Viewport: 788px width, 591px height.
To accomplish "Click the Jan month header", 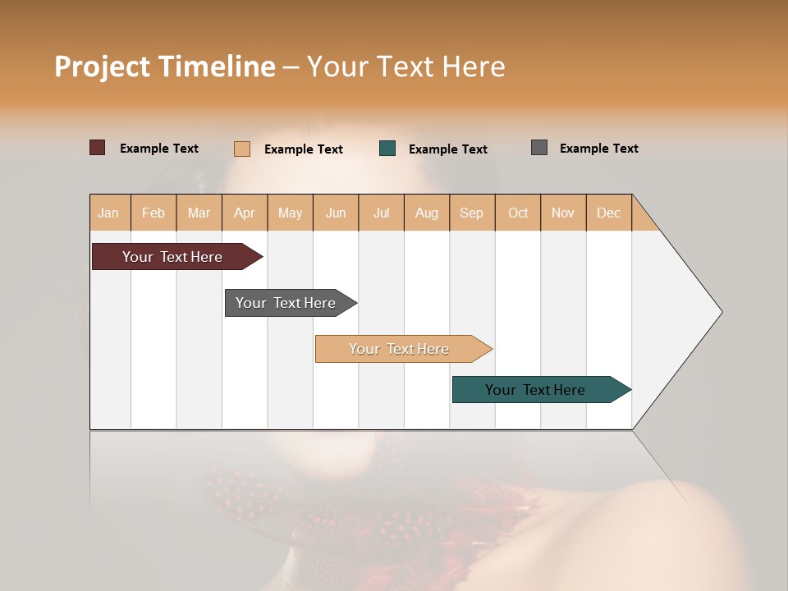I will (x=109, y=213).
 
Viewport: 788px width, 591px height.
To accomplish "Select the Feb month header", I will (x=153, y=213).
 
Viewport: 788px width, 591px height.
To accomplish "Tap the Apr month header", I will (x=245, y=213).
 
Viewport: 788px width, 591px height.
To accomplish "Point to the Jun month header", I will (x=336, y=213).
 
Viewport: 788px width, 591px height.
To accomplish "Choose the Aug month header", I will (x=427, y=213).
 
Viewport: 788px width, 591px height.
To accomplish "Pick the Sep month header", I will (x=472, y=213).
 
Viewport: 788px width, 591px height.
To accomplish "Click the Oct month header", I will (x=518, y=213).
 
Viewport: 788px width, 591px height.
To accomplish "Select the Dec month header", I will (x=609, y=213).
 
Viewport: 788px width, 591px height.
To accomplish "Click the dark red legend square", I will (x=98, y=148).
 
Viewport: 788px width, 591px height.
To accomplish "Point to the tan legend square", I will (x=242, y=149).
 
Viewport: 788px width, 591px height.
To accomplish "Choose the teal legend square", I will (x=387, y=149).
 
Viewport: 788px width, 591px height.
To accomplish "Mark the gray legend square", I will (x=539, y=148).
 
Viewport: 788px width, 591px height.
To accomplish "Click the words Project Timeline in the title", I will (x=165, y=66).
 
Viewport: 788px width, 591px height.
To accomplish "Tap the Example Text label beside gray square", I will (x=598, y=149).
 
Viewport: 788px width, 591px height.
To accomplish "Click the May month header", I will (x=290, y=213).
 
